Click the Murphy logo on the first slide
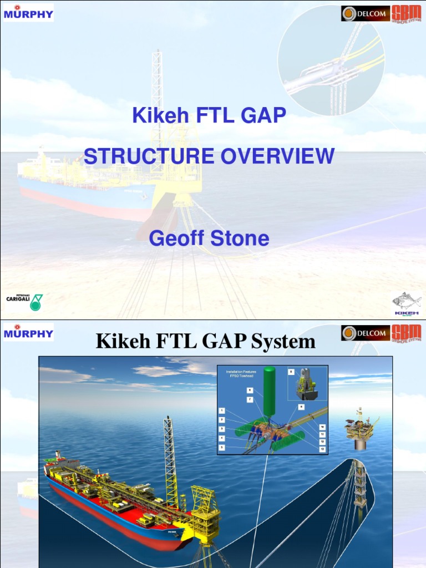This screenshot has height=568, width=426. coord(28,13)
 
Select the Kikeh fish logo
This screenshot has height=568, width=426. coord(407,303)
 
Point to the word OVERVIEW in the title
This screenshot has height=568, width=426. coord(277,156)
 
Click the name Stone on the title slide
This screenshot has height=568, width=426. coord(240,238)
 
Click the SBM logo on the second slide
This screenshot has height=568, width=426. coord(406,333)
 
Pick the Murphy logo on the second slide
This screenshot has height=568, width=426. coord(28,333)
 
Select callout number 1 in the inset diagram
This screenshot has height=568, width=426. coord(222,410)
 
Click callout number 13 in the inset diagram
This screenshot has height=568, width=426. coord(322,448)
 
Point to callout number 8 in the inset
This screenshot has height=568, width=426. coord(291,372)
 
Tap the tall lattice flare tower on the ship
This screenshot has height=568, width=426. coord(170,460)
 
